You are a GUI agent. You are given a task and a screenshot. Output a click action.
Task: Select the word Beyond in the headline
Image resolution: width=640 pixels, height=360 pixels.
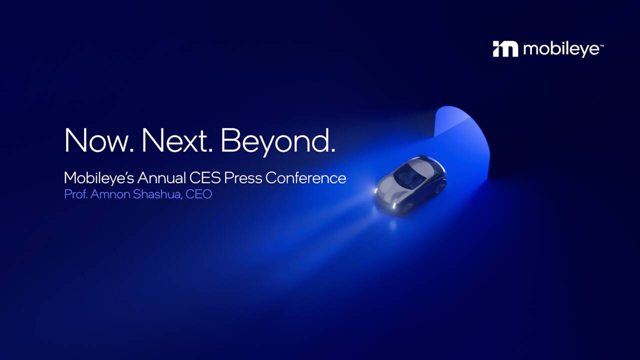click(x=277, y=141)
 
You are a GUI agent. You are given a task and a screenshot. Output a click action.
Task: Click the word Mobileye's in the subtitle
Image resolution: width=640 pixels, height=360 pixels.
click(x=99, y=178)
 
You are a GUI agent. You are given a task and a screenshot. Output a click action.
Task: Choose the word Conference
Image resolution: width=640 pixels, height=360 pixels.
click(x=305, y=178)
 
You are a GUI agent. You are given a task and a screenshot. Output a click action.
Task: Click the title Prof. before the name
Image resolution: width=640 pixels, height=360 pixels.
click(x=75, y=194)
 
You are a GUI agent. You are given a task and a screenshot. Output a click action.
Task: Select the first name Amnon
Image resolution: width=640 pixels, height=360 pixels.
click(x=110, y=194)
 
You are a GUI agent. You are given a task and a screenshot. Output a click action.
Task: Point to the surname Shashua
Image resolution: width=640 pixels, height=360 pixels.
click(x=157, y=194)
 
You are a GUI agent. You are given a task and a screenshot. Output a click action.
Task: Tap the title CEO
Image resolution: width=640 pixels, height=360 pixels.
click(x=199, y=194)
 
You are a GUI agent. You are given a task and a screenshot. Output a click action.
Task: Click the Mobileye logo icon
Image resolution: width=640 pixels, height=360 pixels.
click(x=505, y=49)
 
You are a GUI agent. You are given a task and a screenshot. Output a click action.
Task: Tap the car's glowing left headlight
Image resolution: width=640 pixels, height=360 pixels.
click(x=378, y=190)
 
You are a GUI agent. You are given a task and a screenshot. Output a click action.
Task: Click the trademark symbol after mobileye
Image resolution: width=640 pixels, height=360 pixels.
click(x=601, y=45)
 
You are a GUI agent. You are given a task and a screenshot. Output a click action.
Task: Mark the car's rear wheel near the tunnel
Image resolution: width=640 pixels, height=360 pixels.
click(x=440, y=187)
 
